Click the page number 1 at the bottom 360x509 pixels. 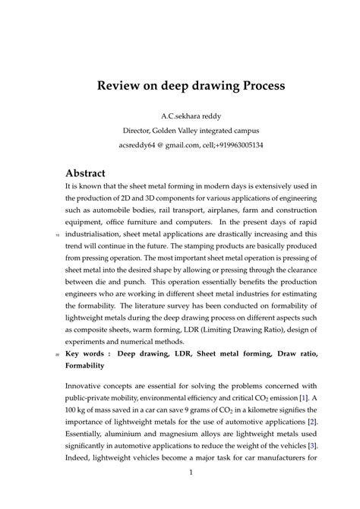[191, 473]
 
